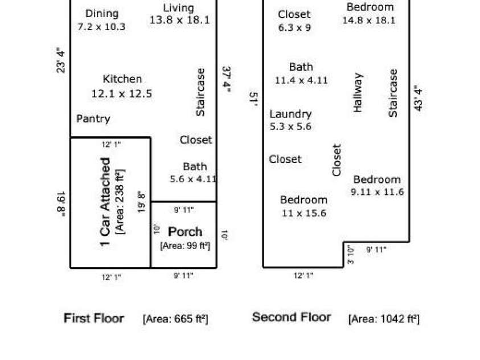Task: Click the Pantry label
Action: click(93, 119)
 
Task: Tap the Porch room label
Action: click(185, 232)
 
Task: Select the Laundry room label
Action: click(290, 114)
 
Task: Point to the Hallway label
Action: click(358, 92)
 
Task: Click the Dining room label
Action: click(102, 14)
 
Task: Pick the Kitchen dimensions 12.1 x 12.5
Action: click(122, 93)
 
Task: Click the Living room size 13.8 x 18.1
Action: click(180, 20)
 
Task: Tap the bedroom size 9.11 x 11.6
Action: click(377, 192)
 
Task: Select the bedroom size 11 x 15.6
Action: click(304, 213)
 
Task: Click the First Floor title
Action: click(94, 318)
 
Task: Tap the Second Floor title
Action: click(292, 317)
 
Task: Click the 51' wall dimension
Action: click(254, 99)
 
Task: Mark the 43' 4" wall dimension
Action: click(419, 98)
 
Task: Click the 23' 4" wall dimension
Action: click(61, 60)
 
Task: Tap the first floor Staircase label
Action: click(200, 92)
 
